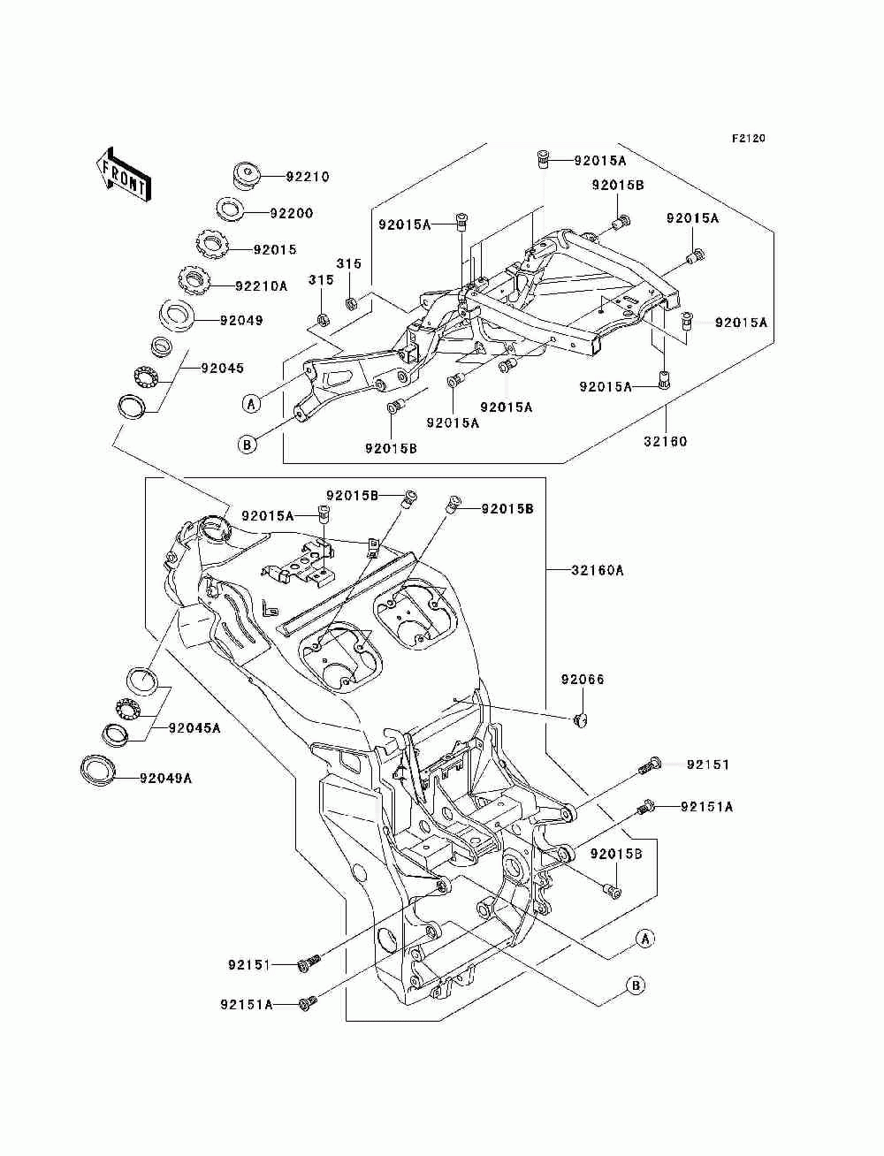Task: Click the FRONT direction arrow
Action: (x=123, y=174)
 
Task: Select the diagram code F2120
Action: (x=748, y=139)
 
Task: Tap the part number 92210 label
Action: (x=308, y=177)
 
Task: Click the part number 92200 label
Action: (x=292, y=213)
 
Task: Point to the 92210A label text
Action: (x=262, y=286)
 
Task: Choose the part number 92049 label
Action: (x=241, y=320)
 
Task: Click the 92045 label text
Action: (x=222, y=368)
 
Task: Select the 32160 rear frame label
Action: (x=666, y=441)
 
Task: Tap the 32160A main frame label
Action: (x=598, y=570)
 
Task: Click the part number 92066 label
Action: (x=583, y=680)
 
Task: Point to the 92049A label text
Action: (x=166, y=778)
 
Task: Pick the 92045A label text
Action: (x=194, y=728)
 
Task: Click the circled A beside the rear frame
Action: (x=251, y=404)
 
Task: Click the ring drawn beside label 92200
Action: (x=230, y=209)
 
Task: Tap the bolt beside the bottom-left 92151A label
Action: (x=307, y=1003)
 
